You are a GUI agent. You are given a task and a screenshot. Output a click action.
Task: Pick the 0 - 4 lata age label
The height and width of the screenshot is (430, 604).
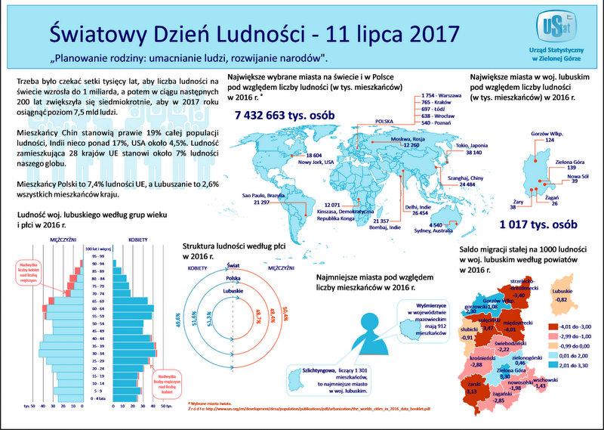pos(95,397)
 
